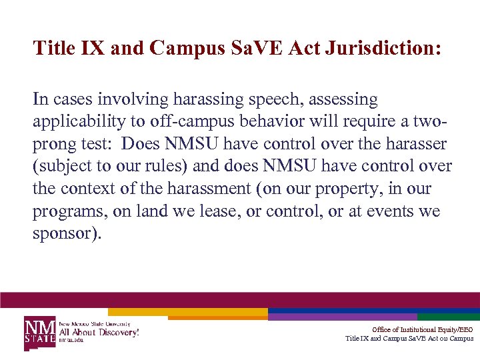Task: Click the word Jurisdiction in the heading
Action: pos(382,48)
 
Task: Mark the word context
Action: pos(85,189)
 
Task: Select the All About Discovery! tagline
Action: pos(99,331)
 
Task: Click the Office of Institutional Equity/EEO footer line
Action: pos(422,329)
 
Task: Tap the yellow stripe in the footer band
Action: pos(187,311)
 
